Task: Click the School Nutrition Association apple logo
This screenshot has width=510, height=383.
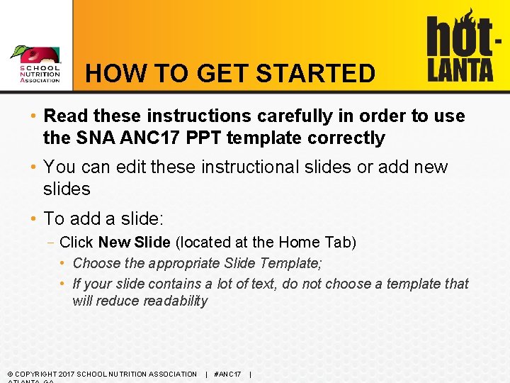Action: (x=35, y=57)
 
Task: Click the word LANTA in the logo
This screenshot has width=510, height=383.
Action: (x=460, y=69)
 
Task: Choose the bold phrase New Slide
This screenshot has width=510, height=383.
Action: (x=134, y=243)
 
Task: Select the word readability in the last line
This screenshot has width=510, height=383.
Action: (x=176, y=301)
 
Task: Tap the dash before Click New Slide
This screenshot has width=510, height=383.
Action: (x=52, y=243)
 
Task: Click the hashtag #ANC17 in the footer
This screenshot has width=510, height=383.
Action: (x=227, y=374)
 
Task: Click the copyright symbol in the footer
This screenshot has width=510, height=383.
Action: (x=9, y=374)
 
